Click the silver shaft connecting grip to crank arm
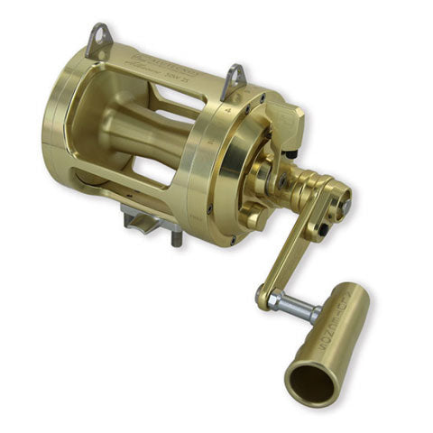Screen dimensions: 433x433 pos(297,308)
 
